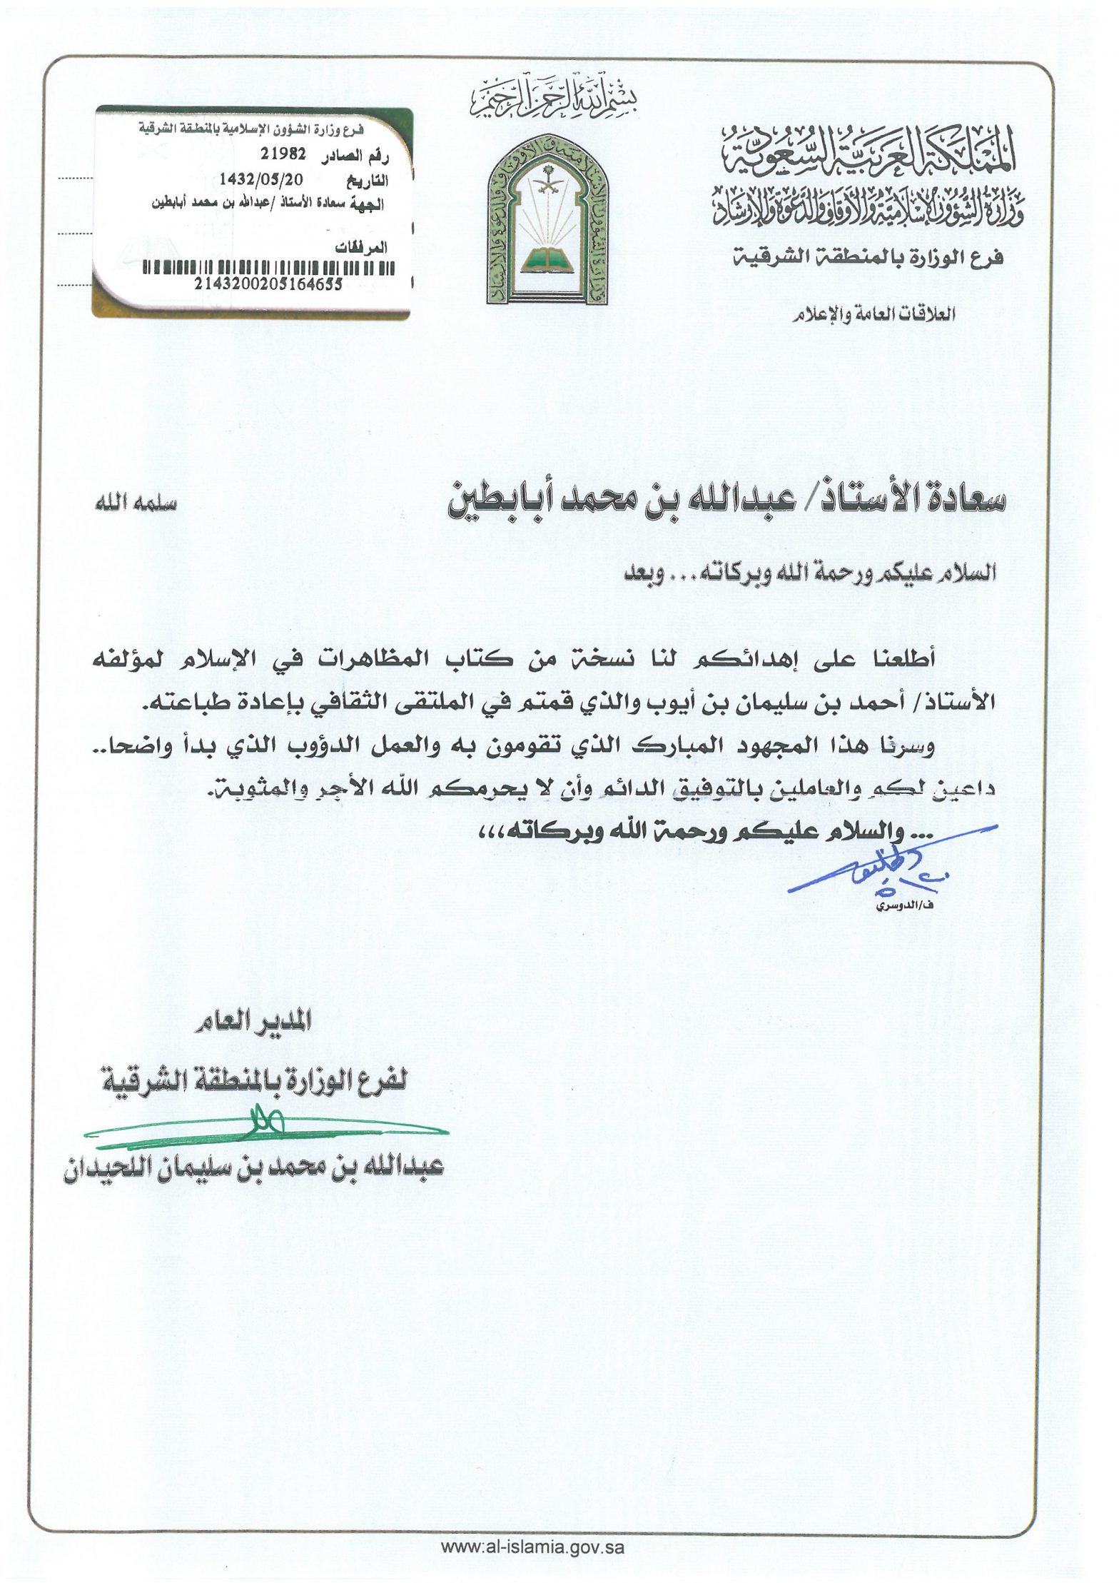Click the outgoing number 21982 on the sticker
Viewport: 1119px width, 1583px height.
coord(283,153)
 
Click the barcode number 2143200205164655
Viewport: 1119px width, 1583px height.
coord(268,283)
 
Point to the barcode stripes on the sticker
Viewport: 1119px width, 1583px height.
coord(268,268)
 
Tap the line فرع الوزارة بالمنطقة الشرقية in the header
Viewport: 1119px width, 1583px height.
coord(868,258)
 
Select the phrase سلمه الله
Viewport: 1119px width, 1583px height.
coord(136,503)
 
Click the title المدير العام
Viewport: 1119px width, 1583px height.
coord(253,1023)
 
